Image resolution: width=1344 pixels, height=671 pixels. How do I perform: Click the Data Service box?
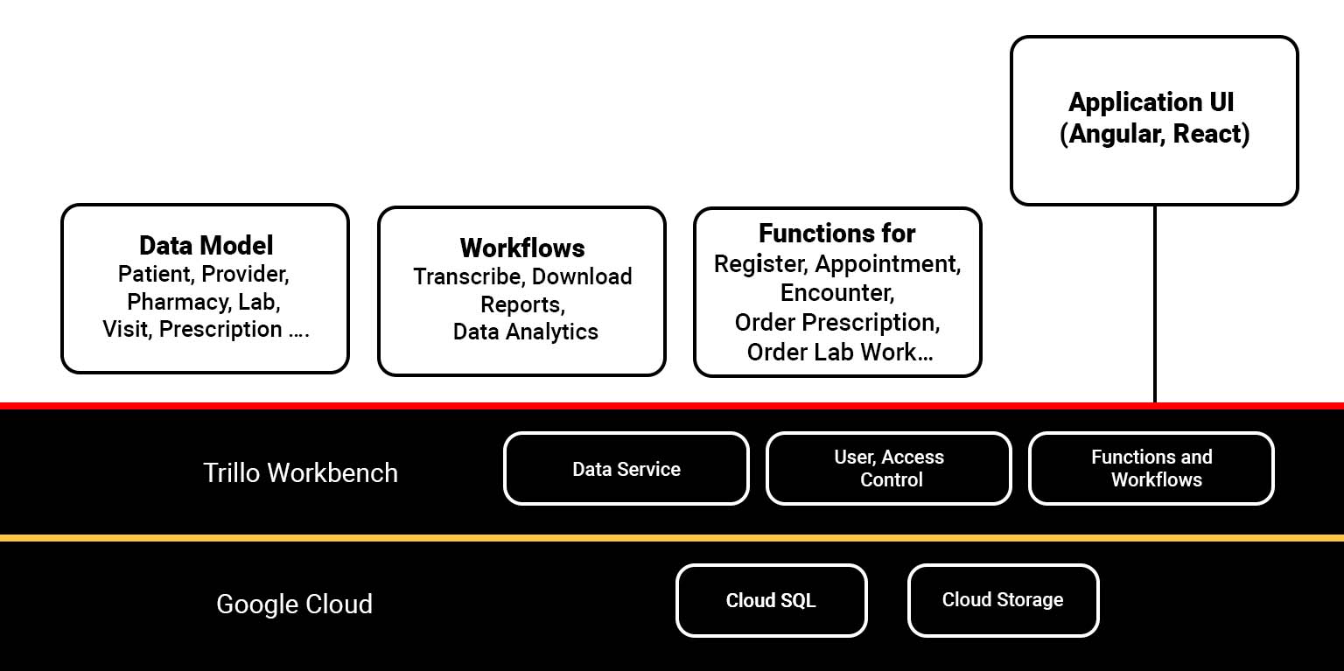[626, 469]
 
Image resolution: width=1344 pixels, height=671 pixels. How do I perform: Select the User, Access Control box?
[889, 469]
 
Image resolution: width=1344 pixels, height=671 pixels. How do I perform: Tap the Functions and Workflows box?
[1151, 469]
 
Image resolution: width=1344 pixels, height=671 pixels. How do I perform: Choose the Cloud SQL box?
[771, 600]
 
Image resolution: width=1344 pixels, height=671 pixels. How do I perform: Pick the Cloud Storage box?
[1003, 600]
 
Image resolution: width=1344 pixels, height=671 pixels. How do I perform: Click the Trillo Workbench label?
[300, 472]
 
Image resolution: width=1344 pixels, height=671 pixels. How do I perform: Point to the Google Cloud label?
[294, 604]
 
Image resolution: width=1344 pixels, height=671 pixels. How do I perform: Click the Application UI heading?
[1151, 102]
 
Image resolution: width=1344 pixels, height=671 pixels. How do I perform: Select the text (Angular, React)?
[1154, 134]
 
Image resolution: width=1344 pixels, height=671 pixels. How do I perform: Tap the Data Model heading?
[206, 245]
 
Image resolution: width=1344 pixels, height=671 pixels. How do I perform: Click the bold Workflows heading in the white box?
[522, 248]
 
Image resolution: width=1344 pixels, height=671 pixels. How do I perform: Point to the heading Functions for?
[836, 234]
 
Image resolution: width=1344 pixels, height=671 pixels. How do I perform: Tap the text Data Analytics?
[526, 332]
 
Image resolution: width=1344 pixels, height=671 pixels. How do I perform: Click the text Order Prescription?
[837, 322]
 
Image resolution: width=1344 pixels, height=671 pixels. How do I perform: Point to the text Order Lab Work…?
[839, 352]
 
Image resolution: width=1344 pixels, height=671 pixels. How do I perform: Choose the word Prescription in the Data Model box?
[220, 329]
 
